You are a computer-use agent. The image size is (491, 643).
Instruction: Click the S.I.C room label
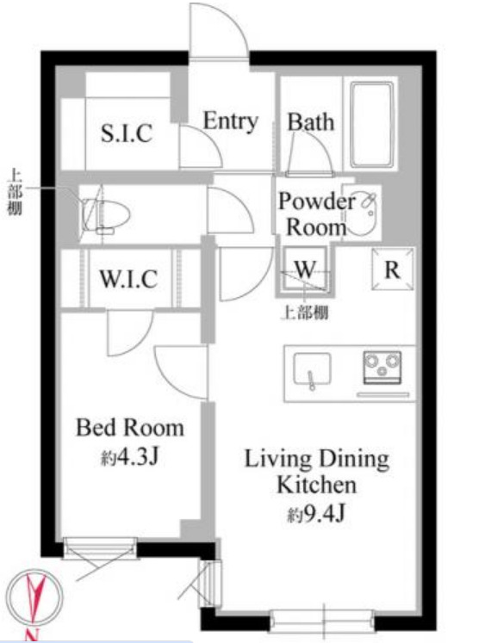click(127, 133)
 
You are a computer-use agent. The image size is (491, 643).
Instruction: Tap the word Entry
click(231, 121)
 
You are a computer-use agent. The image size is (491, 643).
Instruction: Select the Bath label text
click(310, 121)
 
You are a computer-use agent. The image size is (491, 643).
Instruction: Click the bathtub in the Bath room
click(372, 124)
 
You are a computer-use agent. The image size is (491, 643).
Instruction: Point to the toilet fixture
click(105, 214)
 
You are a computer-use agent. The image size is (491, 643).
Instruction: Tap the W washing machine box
click(304, 269)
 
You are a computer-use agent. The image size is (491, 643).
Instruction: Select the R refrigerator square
click(393, 269)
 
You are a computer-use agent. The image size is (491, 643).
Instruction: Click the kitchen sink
click(312, 369)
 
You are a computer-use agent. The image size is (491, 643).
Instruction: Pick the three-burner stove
click(382, 368)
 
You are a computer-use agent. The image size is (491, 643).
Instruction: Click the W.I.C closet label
click(128, 279)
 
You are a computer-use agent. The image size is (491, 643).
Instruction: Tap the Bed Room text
click(130, 428)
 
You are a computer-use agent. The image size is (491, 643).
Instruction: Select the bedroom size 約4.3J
click(130, 456)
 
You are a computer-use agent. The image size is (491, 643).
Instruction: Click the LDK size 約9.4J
click(315, 513)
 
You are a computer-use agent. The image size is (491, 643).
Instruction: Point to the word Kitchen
click(316, 485)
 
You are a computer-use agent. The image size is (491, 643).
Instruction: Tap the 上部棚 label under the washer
click(304, 312)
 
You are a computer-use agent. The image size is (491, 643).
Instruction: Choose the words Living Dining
click(316, 459)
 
